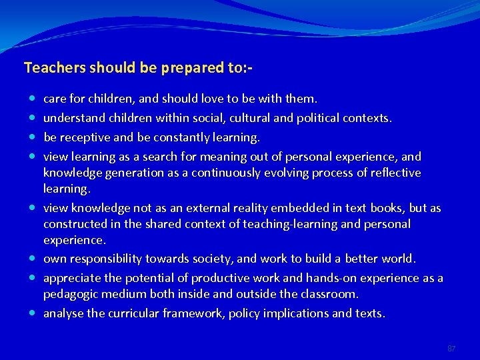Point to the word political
(314, 118)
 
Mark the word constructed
(73, 224)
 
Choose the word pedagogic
(72, 294)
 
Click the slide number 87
(451, 348)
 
